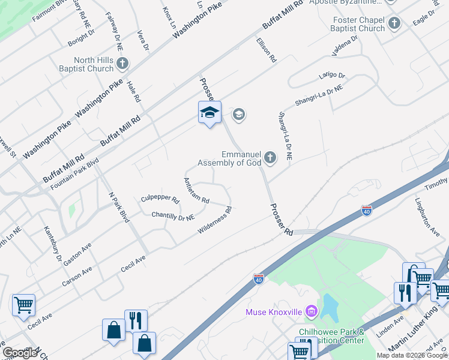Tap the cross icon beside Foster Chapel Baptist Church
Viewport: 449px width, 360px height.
[394, 23]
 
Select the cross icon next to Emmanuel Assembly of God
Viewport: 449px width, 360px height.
[271, 158]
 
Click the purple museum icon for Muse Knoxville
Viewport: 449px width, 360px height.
[311, 311]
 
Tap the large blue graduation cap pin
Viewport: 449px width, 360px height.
[209, 112]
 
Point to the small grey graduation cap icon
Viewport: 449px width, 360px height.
[239, 115]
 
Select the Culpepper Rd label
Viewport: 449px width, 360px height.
[160, 199]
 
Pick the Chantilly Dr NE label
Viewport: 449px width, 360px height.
[173, 215]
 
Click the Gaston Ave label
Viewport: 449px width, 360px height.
[77, 254]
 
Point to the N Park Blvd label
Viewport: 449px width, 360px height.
[118, 208]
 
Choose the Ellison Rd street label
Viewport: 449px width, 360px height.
[265, 50]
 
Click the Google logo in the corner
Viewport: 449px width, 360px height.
[20, 353]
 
